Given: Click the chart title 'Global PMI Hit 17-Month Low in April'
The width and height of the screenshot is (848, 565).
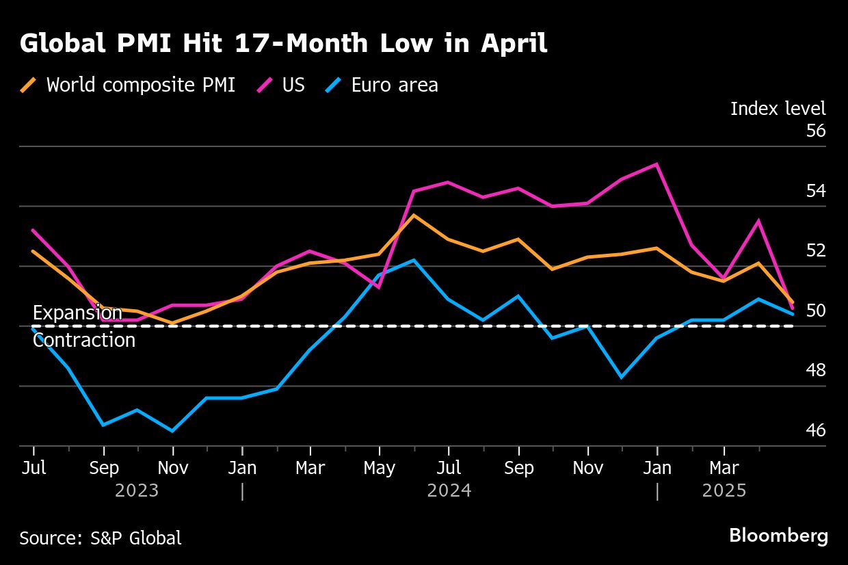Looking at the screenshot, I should (x=283, y=44).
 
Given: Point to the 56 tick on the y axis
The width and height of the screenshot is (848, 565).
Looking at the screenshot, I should (x=816, y=130).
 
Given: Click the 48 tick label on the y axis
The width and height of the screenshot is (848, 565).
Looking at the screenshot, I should (x=816, y=370).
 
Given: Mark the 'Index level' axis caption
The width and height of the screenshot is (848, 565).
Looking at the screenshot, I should (x=778, y=108).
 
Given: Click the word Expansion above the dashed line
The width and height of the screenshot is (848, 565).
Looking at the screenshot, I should (x=77, y=313).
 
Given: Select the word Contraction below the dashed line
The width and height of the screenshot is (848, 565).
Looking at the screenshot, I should (x=84, y=340).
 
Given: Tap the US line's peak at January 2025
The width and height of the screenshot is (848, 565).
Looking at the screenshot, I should (x=657, y=164).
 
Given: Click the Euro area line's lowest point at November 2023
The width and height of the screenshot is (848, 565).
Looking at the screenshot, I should (x=172, y=431).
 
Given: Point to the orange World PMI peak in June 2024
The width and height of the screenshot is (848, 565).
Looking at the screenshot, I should (x=413, y=215).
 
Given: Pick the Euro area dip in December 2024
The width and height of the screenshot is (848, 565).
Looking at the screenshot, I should (x=622, y=377).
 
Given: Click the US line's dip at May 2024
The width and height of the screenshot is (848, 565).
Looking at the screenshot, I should (x=379, y=287).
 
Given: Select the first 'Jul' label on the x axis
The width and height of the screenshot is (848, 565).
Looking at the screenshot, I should (x=34, y=468).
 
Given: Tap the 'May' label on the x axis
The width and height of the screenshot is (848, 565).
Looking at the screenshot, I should (x=379, y=468).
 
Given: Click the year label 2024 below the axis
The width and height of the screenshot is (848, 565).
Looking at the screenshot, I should (x=449, y=490).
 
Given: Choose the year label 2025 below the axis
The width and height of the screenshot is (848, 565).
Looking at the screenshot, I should (x=724, y=490).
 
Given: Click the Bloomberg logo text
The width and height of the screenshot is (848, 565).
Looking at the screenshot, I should (x=778, y=536).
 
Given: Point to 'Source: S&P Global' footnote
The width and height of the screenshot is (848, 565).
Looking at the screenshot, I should (x=101, y=538).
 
